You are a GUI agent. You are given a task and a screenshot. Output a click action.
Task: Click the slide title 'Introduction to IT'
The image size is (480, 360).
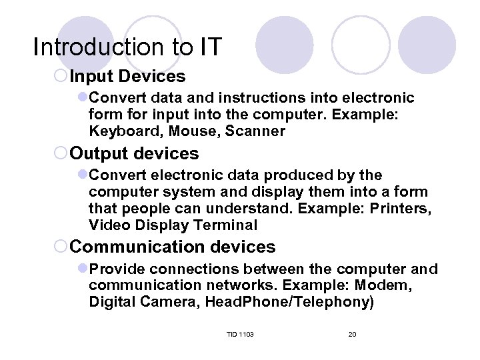coord(127,47)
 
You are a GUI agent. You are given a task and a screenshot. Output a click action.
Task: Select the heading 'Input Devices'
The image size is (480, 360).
coord(127,77)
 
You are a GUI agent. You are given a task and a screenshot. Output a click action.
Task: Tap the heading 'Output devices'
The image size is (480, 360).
coord(134,153)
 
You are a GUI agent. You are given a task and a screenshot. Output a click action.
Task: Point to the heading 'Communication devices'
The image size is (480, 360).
coord(172,247)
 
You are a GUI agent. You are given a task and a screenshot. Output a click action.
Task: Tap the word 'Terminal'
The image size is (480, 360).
coord(227,226)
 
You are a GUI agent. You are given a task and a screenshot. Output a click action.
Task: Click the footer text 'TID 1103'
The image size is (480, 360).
coord(240,334)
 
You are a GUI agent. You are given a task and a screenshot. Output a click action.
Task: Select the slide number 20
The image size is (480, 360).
coord(352,334)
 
